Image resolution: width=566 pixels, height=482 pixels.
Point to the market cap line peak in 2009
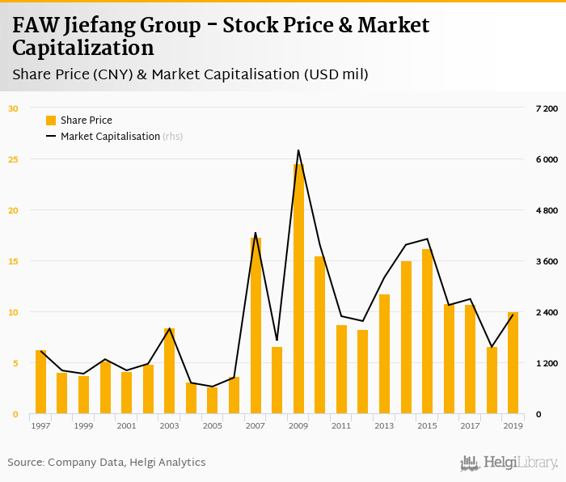point(298,150)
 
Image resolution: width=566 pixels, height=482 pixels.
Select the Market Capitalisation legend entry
point(110,137)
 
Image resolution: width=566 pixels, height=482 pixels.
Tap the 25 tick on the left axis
point(12,159)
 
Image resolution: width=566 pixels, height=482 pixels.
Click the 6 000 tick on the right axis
point(547,159)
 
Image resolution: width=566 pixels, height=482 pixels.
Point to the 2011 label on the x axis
point(341,425)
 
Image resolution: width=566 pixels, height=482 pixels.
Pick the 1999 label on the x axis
point(84,425)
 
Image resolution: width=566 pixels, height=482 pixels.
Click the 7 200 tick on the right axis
point(547,108)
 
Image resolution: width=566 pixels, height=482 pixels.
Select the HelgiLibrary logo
point(509,463)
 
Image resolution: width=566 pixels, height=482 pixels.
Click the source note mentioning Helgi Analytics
point(107,463)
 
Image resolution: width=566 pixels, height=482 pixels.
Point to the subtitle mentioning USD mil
point(191,74)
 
